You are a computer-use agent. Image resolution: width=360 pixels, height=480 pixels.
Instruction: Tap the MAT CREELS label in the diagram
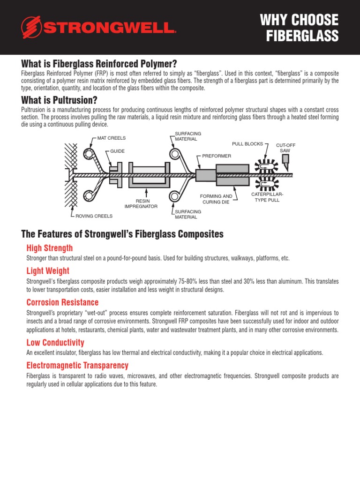(111, 138)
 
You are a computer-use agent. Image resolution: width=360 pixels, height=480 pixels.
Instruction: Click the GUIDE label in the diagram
(117, 151)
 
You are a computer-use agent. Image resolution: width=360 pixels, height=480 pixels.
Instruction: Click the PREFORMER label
(217, 155)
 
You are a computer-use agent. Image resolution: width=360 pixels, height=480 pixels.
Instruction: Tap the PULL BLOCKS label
(247, 144)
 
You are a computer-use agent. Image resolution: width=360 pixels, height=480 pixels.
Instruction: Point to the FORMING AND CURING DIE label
(216, 199)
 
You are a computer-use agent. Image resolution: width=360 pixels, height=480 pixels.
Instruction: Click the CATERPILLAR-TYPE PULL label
(267, 197)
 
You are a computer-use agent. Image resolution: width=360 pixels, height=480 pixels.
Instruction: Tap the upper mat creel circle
(88, 153)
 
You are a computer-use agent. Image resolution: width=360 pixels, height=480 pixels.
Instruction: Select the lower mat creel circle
(88, 196)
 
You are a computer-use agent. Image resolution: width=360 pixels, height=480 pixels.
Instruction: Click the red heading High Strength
(49, 248)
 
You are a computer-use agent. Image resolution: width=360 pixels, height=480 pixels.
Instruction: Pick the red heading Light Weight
(47, 271)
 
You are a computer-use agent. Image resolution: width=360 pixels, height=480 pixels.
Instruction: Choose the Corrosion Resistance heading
(62, 302)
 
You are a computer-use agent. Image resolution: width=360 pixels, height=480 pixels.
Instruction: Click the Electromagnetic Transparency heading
(77, 365)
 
